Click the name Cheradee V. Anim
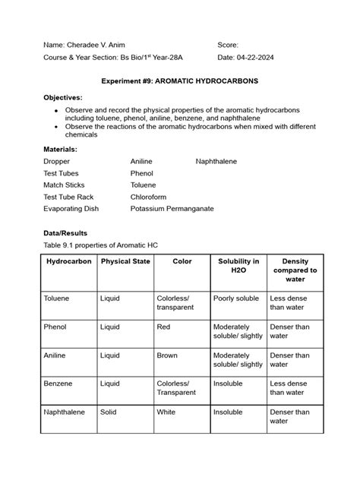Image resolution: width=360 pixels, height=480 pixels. click(92, 46)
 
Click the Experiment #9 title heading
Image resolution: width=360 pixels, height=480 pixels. click(179, 80)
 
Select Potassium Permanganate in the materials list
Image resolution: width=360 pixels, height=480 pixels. click(172, 207)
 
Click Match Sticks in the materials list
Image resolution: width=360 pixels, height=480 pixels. click(64, 185)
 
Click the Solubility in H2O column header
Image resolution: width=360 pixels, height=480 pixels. click(238, 266)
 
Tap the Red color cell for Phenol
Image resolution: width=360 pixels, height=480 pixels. click(164, 327)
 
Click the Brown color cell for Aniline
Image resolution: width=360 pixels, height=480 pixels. click(167, 355)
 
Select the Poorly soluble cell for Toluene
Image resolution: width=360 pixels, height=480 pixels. click(236, 298)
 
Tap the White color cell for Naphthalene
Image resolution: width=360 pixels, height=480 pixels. click(166, 412)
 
